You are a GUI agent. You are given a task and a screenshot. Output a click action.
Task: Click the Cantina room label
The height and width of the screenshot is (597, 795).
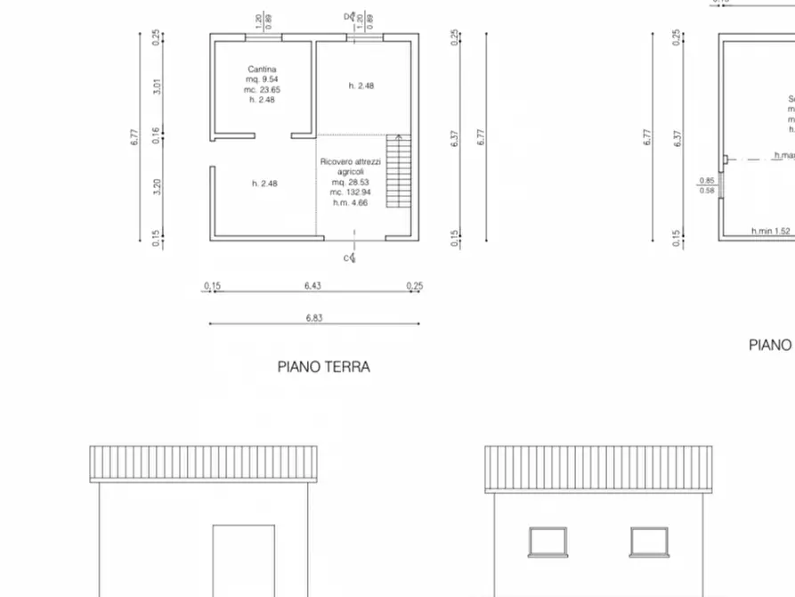click(x=262, y=69)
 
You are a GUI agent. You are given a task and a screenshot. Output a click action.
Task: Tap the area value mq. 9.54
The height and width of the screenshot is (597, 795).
click(x=262, y=79)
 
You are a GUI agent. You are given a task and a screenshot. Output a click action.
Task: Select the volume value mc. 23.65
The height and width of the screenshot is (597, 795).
click(x=262, y=89)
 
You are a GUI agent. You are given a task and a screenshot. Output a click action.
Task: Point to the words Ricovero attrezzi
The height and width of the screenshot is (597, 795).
click(x=351, y=161)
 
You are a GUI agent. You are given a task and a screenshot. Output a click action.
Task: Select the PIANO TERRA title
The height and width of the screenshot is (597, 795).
click(x=323, y=366)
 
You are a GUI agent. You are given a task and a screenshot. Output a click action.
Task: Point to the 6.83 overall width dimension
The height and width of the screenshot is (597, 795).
click(x=313, y=318)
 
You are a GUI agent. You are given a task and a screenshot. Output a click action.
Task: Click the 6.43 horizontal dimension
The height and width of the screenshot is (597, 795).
click(x=312, y=286)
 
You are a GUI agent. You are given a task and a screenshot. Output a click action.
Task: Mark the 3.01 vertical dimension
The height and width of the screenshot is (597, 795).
click(x=157, y=86)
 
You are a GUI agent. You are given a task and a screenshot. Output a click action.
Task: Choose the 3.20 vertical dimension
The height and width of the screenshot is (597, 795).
click(x=157, y=188)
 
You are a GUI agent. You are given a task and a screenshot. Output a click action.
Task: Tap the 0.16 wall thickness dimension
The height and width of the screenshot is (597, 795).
click(x=157, y=135)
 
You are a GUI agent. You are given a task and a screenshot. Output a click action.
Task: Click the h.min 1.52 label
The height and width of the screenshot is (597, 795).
click(x=770, y=232)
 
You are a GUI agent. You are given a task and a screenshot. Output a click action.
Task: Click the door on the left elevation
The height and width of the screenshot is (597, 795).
click(x=242, y=560)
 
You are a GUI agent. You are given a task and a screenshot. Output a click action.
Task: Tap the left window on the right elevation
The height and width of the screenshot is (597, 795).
click(x=548, y=541)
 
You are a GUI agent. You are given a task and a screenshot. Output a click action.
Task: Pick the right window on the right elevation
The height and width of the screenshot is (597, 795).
click(x=649, y=541)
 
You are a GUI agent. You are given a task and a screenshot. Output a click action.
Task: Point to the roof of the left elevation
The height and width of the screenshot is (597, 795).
click(x=203, y=463)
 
